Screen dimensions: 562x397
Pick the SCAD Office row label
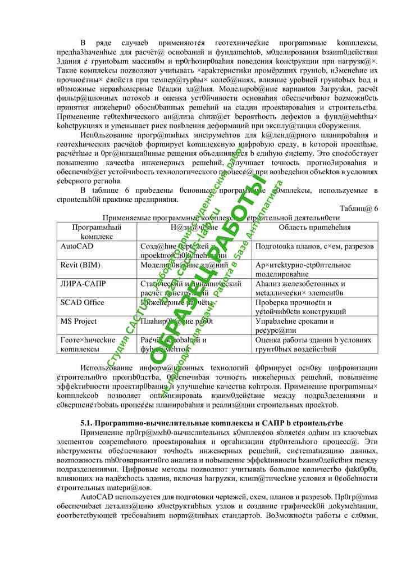point(82,302)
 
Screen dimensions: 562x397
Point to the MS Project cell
point(79,321)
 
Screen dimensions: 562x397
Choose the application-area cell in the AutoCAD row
point(314,246)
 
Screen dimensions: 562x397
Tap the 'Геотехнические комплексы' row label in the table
point(88,344)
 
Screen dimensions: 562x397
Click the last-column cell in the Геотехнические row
point(312,344)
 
